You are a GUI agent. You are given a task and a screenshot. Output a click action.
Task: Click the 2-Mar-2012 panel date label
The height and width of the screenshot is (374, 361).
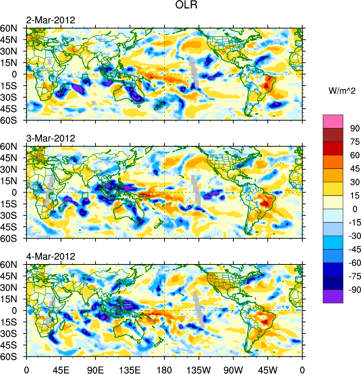pos(51,20)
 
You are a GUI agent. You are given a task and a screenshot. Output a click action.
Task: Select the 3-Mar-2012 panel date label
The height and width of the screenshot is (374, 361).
pos(51,138)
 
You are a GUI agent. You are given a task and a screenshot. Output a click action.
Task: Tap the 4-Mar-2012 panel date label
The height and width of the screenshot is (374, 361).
pos(51,256)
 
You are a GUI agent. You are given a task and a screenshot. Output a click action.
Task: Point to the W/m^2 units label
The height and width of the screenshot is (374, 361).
pos(341,90)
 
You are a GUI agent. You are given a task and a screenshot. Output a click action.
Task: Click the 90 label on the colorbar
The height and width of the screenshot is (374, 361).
pos(355,128)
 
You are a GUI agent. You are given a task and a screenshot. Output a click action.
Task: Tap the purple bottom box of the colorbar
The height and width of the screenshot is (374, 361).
pos(333,296)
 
